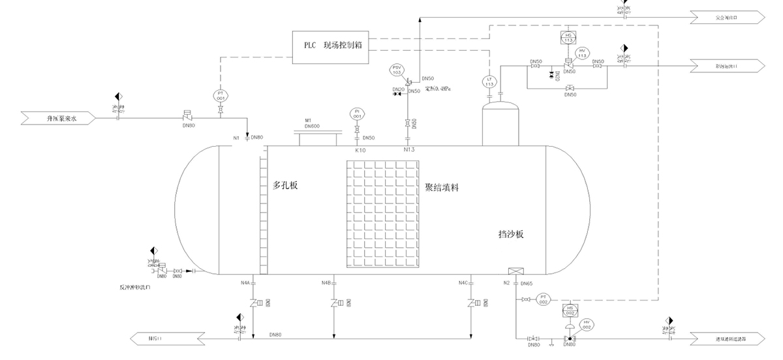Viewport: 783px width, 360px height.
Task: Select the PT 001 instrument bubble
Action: click(x=220, y=95)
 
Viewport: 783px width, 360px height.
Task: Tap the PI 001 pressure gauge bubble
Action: click(x=356, y=113)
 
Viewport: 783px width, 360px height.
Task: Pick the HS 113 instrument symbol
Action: click(x=568, y=37)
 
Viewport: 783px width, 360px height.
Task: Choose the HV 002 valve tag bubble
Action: click(x=587, y=325)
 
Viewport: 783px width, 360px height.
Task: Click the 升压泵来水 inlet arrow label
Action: click(x=61, y=119)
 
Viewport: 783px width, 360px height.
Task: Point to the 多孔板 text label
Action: click(x=285, y=186)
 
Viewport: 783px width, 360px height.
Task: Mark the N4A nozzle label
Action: click(x=245, y=282)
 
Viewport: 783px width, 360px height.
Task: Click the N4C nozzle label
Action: click(x=463, y=282)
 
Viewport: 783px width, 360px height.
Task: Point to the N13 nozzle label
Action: click(x=409, y=149)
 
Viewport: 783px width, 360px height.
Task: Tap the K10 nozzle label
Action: click(x=360, y=150)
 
